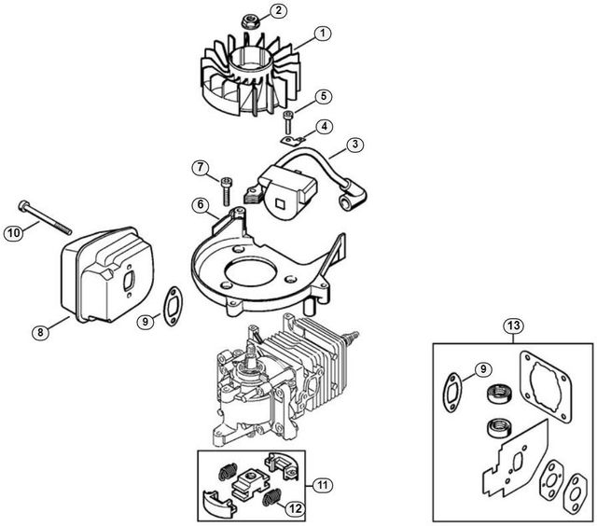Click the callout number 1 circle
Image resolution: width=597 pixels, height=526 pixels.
(323, 34)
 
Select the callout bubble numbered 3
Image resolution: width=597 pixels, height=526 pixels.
(354, 145)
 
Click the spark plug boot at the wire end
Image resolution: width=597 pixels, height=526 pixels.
(354, 197)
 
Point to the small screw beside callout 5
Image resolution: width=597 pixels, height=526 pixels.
(288, 122)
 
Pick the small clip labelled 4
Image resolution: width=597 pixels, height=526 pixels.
(293, 141)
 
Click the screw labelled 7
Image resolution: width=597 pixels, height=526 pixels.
(226, 191)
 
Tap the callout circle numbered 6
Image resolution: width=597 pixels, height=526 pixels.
(201, 205)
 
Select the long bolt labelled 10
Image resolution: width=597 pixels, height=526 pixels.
(45, 217)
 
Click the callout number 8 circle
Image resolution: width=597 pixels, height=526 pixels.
(40, 333)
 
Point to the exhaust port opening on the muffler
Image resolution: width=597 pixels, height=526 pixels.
(129, 282)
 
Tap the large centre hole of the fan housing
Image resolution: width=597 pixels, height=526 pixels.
(249, 274)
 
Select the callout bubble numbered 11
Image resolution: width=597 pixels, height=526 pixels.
(323, 485)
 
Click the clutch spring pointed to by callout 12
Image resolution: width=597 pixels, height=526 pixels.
(271, 498)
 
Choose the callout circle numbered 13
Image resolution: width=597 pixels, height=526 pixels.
(513, 325)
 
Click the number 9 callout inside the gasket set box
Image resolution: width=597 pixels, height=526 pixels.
(483, 368)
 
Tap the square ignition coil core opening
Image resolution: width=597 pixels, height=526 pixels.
(280, 204)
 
